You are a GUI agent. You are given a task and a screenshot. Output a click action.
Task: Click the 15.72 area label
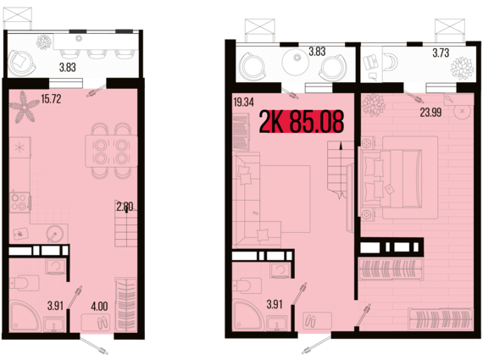tap(51, 99)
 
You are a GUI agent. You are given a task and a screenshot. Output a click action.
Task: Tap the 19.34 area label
tap(244, 102)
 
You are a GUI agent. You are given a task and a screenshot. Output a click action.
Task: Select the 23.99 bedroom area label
tap(430, 113)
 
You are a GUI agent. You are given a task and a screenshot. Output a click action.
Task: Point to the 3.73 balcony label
tap(441, 53)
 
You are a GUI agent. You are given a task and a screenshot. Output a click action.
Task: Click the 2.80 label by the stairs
tap(125, 206)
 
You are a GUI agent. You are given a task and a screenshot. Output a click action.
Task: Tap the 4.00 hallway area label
tap(99, 306)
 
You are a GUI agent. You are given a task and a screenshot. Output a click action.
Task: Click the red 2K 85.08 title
tap(302, 122)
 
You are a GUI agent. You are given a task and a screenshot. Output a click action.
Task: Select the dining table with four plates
tap(111, 151)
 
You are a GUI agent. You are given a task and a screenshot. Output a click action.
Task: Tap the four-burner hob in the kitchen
tap(20, 202)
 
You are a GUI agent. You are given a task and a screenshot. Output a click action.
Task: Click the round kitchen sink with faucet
tap(55, 234)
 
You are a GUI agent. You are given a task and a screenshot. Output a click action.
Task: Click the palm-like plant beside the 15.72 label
tap(24, 107)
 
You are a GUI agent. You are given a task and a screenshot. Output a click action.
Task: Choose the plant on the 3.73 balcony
tap(462, 69)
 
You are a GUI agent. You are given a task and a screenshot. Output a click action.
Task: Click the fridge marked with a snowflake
tap(20, 147)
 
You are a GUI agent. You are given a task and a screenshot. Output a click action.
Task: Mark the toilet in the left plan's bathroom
tap(25, 283)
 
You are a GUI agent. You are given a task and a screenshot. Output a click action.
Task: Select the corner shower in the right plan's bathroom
tap(248, 316)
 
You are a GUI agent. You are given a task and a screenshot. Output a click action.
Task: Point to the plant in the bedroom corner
tap(374, 105)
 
